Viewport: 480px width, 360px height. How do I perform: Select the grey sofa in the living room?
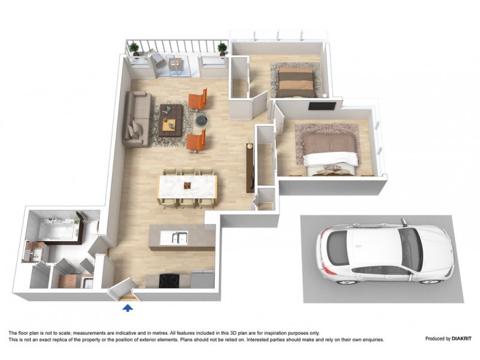138,119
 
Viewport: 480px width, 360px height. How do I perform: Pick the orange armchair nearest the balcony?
198,99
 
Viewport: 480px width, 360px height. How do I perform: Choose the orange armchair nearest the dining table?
197,142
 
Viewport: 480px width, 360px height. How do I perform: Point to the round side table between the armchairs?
202,121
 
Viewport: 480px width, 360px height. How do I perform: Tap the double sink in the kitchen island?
178,238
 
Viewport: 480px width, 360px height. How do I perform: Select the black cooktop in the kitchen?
167,279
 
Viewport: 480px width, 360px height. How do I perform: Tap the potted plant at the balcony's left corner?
134,48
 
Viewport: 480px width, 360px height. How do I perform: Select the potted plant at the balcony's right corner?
222,47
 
